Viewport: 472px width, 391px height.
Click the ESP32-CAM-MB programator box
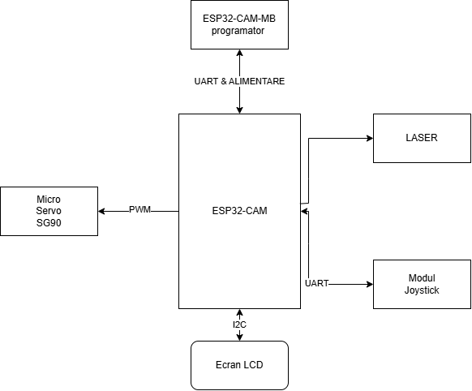[x=239, y=24]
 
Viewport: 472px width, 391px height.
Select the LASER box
[x=422, y=138]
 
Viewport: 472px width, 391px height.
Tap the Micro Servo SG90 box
[x=49, y=211]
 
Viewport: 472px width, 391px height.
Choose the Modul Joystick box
[x=422, y=284]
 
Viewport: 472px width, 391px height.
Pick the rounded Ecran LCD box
[x=239, y=365]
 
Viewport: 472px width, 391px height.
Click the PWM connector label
[x=139, y=209]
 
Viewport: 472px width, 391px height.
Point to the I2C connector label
[x=239, y=324]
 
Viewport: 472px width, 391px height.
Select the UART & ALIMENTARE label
[x=239, y=81]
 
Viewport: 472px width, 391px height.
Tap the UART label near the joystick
[x=316, y=283]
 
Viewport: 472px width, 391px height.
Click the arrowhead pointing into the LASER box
[x=370, y=138]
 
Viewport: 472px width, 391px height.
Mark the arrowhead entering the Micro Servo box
[x=101, y=211]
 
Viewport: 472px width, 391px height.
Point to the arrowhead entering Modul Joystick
[x=370, y=284]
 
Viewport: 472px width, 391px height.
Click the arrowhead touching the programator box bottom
[x=239, y=53]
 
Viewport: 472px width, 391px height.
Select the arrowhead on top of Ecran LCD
[x=239, y=337]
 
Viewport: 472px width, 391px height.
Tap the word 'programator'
[x=238, y=31]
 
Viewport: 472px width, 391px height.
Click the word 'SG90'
[x=49, y=223]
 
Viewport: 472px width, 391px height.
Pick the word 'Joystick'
[x=422, y=290]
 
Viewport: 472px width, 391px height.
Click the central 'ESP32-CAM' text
[x=239, y=211]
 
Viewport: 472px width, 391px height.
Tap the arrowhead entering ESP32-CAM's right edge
[x=304, y=211]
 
